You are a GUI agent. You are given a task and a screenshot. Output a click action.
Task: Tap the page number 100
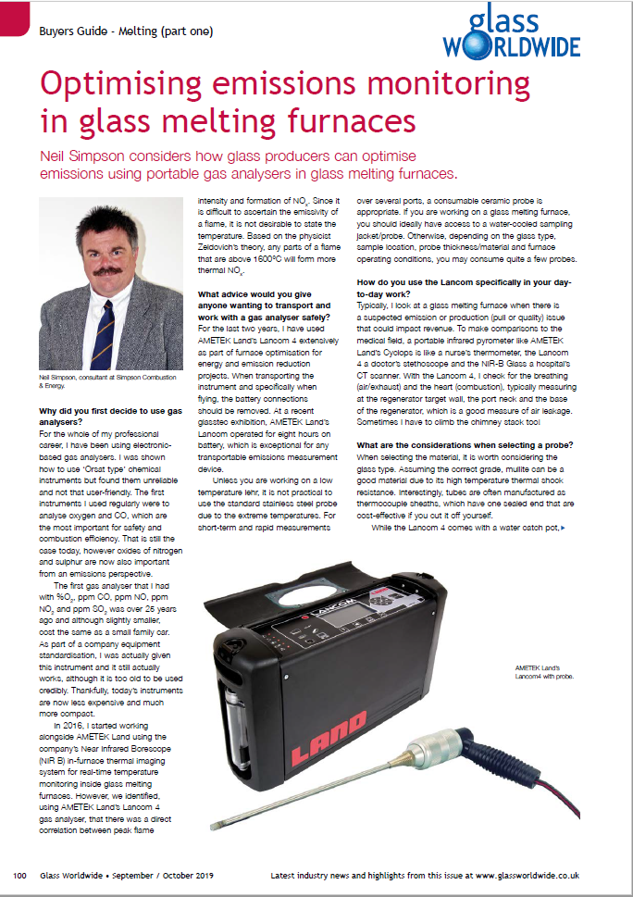click(x=19, y=875)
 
